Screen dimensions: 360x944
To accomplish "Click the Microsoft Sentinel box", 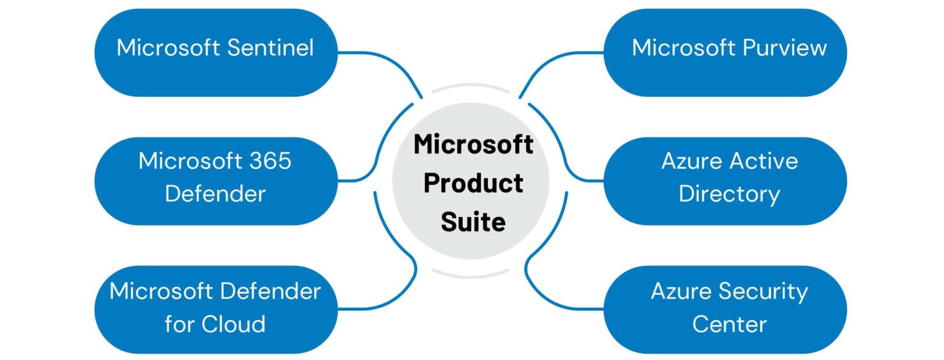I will [215, 52].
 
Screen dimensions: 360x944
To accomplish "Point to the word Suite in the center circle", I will [473, 221].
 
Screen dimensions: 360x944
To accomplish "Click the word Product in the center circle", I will [473, 182].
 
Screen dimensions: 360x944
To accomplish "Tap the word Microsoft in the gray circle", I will [473, 145].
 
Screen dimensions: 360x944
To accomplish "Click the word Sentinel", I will [270, 48].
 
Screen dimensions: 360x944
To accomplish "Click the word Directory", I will [730, 194].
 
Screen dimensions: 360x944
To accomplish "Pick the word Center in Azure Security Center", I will [730, 323].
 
